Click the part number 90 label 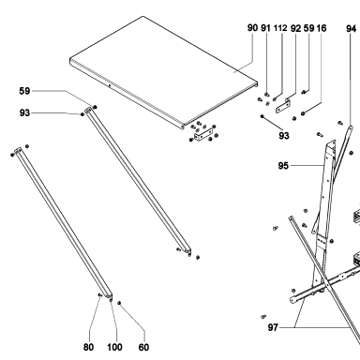click(x=252, y=28)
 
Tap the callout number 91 click(x=265, y=28)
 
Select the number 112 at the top click(x=280, y=28)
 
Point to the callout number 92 click(x=295, y=28)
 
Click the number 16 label click(x=322, y=28)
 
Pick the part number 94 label click(x=351, y=29)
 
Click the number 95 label click(x=283, y=166)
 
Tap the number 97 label click(x=273, y=327)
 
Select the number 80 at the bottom click(x=88, y=347)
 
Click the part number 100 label click(x=114, y=347)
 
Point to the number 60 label click(x=143, y=347)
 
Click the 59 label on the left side click(x=24, y=91)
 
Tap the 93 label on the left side click(x=24, y=112)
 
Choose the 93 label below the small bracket click(x=284, y=136)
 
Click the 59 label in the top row click(x=308, y=28)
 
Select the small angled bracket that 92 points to click(x=284, y=106)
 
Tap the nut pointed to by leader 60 click(x=119, y=303)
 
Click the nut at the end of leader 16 click(x=303, y=113)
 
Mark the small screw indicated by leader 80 click(x=99, y=294)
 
